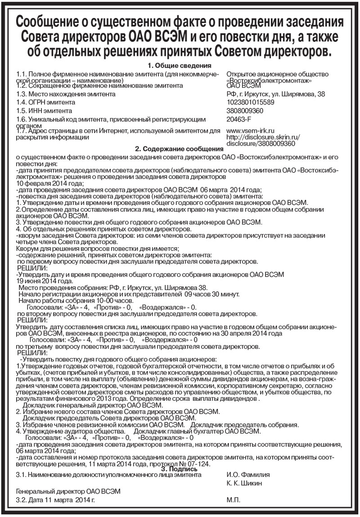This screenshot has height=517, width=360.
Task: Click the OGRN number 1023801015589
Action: [251, 102]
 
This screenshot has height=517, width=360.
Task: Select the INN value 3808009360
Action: [245, 110]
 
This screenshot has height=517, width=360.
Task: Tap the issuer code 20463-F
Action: [238, 119]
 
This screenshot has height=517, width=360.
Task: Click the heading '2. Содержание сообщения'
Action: [180, 149]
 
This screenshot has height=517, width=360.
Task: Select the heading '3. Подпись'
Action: [180, 469]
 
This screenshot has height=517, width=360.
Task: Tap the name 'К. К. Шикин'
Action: [244, 483]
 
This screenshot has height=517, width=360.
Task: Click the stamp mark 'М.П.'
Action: [234, 500]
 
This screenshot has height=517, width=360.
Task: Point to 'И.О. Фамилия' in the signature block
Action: [248, 475]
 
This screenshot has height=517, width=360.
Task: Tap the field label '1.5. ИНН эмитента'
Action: [44, 110]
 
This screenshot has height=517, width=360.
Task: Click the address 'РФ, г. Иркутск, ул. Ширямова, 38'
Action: [275, 94]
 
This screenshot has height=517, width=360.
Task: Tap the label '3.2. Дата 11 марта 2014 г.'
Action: [56, 500]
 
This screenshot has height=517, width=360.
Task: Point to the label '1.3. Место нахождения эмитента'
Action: [65, 94]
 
